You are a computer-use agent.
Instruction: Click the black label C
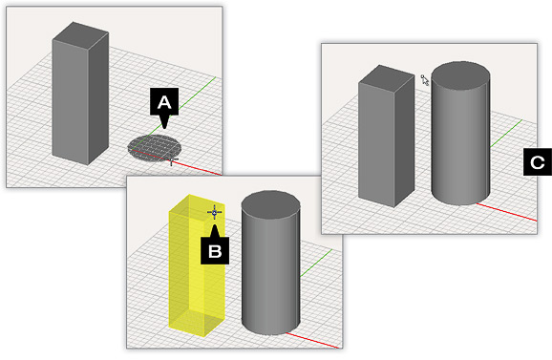pyautogui.click(x=538, y=162)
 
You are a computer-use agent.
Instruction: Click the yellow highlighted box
pyautogui.click(x=197, y=265)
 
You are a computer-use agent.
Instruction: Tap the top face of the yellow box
pyautogui.click(x=197, y=207)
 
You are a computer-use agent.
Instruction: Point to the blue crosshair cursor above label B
pyautogui.click(x=214, y=212)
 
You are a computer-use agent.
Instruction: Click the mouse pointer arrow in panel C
pyautogui.click(x=425, y=80)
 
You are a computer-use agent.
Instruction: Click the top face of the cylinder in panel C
pyautogui.click(x=460, y=75)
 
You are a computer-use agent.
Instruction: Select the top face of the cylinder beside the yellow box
pyautogui.click(x=270, y=204)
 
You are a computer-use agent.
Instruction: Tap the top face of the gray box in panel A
pyautogui.click(x=80, y=33)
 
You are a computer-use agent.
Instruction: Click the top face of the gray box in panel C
pyautogui.click(x=387, y=76)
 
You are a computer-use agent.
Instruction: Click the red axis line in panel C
pyautogui.click(x=506, y=212)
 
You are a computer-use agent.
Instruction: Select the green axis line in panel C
pyautogui.click(x=506, y=134)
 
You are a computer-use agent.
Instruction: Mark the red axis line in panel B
pyautogui.click(x=313, y=340)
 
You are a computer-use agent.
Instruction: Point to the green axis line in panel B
pyautogui.click(x=316, y=263)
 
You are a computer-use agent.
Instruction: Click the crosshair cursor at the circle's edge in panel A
pyautogui.click(x=172, y=160)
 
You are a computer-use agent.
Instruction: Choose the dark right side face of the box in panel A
pyautogui.click(x=98, y=98)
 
